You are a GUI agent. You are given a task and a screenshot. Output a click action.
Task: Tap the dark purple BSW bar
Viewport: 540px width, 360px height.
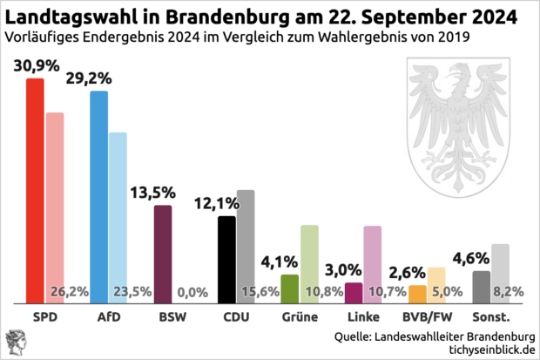(x=163, y=254)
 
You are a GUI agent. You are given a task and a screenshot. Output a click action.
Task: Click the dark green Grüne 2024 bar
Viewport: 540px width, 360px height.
(x=290, y=289)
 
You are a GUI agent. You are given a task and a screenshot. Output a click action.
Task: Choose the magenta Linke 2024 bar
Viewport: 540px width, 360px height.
(x=354, y=292)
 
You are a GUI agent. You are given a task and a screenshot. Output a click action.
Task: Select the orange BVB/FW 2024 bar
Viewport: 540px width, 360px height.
(x=417, y=294)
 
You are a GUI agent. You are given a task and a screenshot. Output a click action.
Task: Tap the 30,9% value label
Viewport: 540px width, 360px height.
(x=36, y=66)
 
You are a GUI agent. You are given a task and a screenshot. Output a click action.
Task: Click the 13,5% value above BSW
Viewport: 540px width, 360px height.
(x=154, y=193)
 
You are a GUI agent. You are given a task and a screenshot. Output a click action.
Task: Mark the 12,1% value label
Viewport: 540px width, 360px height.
(x=217, y=203)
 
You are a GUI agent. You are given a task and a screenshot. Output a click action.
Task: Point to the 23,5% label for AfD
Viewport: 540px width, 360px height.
(x=129, y=292)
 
